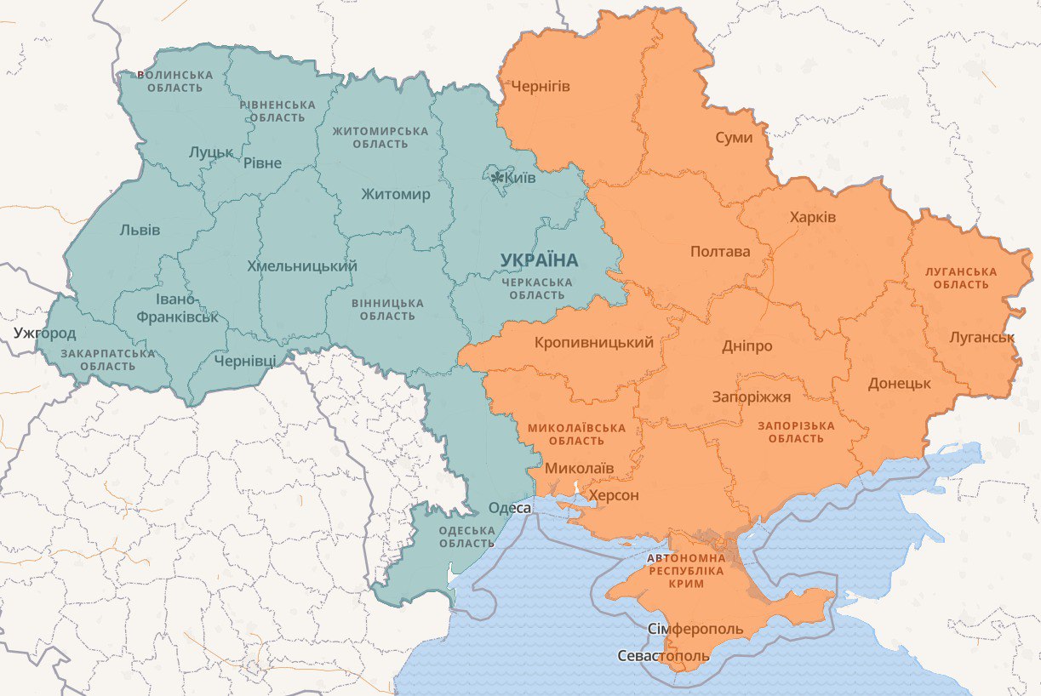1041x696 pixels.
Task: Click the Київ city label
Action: [520, 178]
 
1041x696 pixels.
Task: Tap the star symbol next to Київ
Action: [498, 177]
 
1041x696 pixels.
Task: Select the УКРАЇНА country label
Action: [539, 260]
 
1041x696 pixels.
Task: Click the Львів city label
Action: [140, 230]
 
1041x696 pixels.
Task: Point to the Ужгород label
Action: [44, 333]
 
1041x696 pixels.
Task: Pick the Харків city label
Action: [812, 217]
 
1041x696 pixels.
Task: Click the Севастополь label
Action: [662, 656]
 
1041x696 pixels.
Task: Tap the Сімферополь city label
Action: [695, 630]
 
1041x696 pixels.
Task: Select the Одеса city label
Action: [510, 508]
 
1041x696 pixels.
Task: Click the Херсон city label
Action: [614, 495]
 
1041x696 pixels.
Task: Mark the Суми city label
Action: [733, 137]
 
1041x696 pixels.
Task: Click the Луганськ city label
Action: [981, 337]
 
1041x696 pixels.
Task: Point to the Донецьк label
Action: [899, 383]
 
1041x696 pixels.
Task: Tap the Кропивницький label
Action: [594, 343]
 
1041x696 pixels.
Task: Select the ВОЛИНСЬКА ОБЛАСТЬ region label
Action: [174, 81]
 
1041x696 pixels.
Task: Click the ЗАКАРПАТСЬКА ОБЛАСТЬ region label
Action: [108, 359]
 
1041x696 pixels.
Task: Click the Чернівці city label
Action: [245, 361]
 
